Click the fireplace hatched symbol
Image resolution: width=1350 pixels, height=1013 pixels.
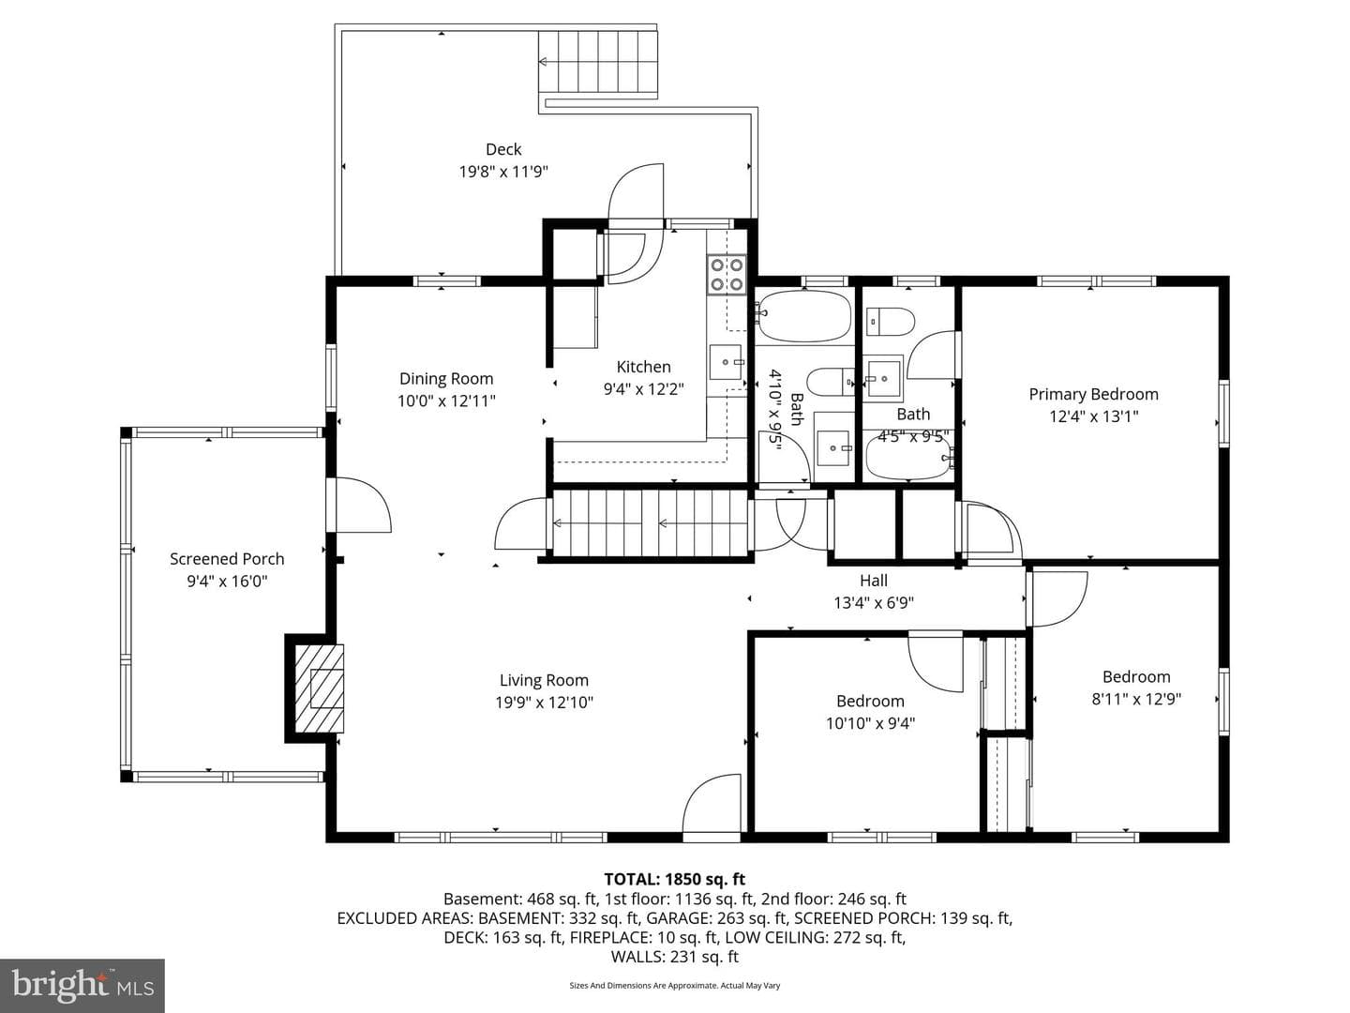click(319, 688)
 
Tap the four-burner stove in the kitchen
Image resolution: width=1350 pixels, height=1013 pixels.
click(727, 274)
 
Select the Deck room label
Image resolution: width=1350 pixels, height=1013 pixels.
click(503, 149)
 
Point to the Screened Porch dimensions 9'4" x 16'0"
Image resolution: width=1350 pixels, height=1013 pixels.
click(227, 582)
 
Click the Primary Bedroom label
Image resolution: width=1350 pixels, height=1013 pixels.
click(1093, 394)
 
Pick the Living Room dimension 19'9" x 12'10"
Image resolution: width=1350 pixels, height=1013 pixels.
click(545, 703)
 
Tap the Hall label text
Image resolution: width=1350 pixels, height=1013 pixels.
click(874, 581)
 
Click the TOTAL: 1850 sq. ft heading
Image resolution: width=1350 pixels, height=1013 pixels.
click(674, 879)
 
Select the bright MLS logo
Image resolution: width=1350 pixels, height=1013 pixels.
click(82, 985)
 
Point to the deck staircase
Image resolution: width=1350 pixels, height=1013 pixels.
click(598, 64)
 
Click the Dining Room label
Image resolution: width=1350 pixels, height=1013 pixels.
click(446, 379)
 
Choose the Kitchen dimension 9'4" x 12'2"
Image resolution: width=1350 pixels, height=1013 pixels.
click(643, 389)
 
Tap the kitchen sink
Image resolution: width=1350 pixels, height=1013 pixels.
click(727, 363)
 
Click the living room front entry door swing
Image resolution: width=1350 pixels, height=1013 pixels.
click(712, 807)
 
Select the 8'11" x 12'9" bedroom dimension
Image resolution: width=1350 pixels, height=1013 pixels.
click(1136, 700)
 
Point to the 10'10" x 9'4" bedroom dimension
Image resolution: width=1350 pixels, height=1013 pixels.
click(870, 723)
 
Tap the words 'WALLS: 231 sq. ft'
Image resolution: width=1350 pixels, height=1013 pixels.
click(674, 957)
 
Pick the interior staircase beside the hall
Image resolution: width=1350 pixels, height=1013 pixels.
click(651, 523)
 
